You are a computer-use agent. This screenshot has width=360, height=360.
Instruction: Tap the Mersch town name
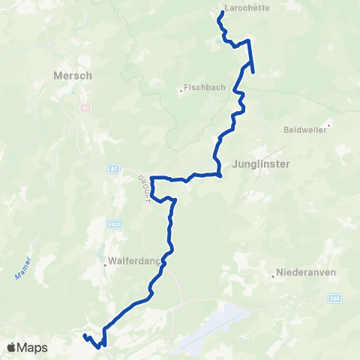coord(73,76)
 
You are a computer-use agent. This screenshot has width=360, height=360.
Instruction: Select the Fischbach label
coord(205,87)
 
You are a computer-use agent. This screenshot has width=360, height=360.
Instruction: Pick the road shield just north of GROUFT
coord(112,168)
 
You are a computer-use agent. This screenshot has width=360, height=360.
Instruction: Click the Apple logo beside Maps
coord(11,348)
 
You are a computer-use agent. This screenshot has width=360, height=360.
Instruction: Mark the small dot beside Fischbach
coord(181,92)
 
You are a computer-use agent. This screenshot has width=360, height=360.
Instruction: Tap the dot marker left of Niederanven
coord(273,275)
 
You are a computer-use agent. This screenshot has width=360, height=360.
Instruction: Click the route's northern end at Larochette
coord(223,14)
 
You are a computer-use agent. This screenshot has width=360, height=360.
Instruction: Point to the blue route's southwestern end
coord(85,335)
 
